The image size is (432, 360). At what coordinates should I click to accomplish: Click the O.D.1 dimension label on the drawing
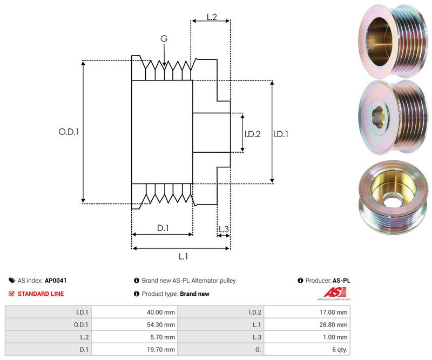pos(69,131)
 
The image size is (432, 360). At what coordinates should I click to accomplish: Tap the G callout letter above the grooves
pos(164,38)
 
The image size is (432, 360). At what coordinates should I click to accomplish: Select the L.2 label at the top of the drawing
pos(211,17)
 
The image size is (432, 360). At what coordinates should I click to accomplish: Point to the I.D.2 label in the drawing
pos(252,134)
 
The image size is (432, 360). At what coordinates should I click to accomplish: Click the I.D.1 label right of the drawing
pos(280,134)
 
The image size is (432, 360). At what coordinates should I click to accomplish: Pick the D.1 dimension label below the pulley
pos(163,228)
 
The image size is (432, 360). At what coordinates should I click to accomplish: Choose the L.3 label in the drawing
pos(224,229)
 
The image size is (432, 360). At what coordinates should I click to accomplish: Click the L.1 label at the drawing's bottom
pos(183,256)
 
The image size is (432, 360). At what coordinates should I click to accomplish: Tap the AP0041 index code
pos(56,281)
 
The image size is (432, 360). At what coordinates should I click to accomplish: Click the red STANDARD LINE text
pos(40,294)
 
